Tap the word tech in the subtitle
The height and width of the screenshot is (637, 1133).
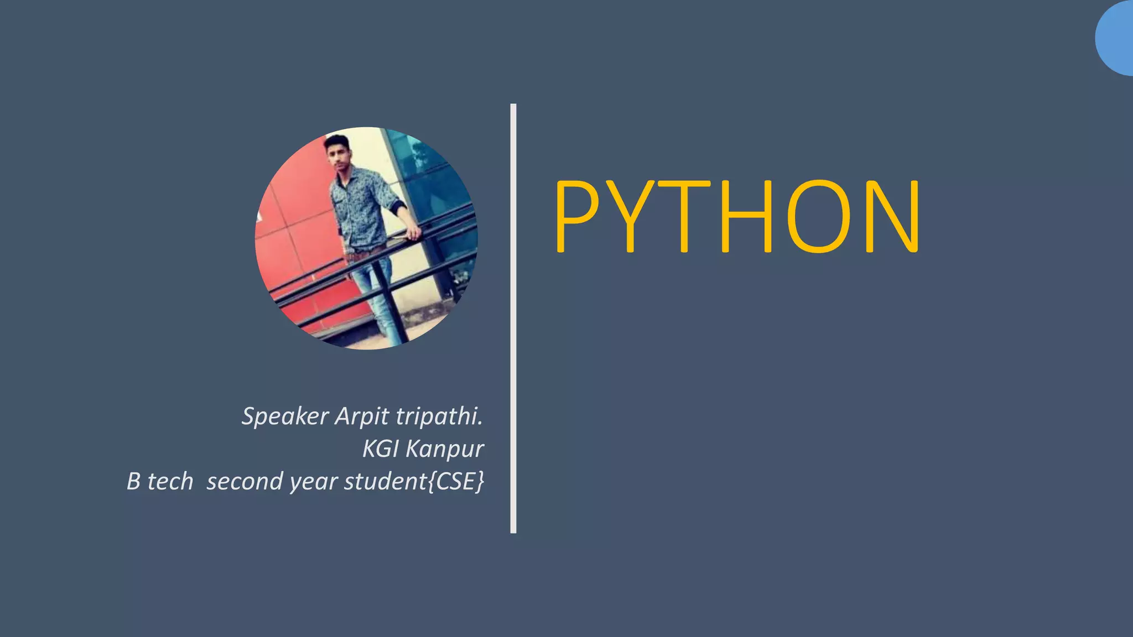point(170,481)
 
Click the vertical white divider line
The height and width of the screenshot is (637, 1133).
point(513,318)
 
